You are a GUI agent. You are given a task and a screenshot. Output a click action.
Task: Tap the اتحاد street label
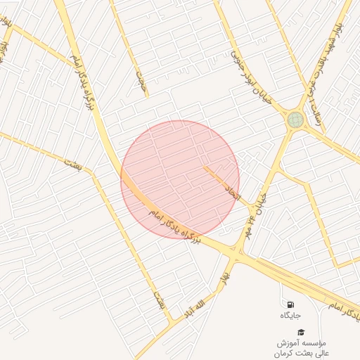(233, 189)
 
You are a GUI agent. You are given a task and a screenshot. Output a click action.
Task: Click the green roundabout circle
(295, 120)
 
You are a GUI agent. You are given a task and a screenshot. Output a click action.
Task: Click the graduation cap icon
(301, 332)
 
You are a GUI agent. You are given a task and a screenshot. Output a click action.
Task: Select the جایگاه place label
(291, 316)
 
